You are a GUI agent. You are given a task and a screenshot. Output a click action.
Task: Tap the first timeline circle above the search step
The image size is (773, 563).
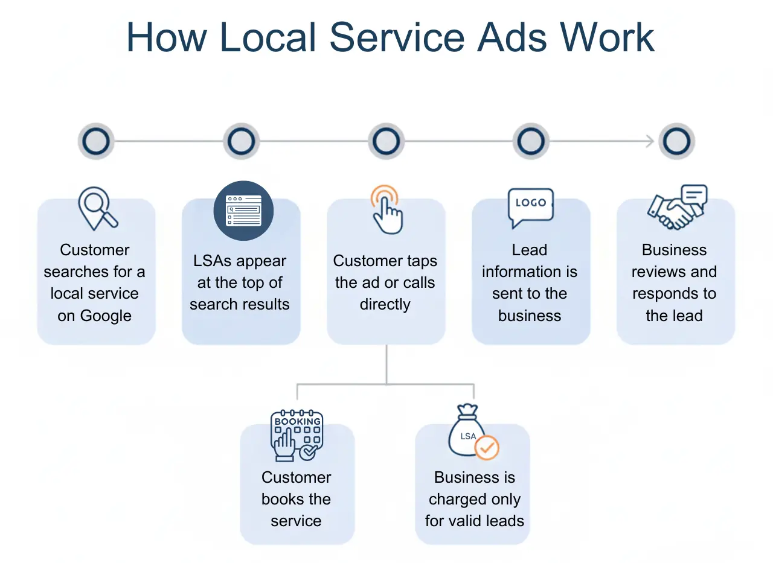(96, 142)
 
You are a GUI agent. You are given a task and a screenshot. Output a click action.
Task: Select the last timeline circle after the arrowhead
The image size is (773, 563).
(676, 142)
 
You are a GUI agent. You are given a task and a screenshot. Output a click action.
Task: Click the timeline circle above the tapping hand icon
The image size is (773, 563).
(386, 142)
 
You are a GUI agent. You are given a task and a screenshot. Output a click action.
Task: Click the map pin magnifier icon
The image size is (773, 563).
(97, 209)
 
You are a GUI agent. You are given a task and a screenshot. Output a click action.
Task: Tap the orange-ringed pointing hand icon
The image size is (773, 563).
(386, 209)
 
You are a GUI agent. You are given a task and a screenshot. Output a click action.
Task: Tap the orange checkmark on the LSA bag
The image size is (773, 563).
(487, 448)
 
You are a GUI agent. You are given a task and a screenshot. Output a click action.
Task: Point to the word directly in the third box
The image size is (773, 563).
(385, 305)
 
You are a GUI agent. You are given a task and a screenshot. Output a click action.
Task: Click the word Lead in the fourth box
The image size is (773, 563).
(530, 250)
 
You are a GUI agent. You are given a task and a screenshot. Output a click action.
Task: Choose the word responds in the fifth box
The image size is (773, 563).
(674, 294)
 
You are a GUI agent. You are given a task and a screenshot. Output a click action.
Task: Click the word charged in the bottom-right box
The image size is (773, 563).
(474, 500)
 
